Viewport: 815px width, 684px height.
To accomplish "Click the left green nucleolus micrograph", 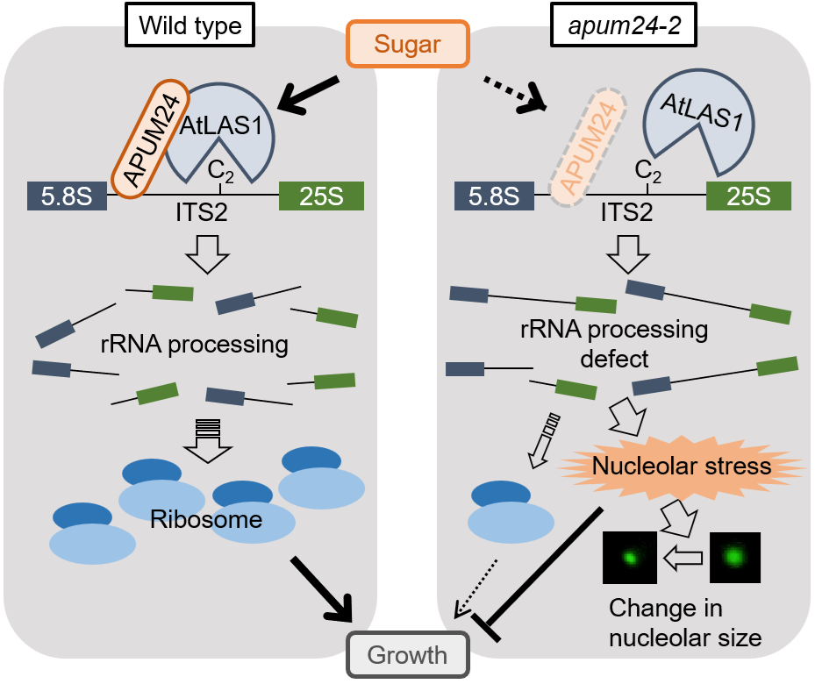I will click(x=630, y=557).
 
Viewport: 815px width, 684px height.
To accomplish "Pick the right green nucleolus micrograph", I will click(x=734, y=557).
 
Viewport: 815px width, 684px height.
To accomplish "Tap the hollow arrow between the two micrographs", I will click(x=682, y=557).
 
